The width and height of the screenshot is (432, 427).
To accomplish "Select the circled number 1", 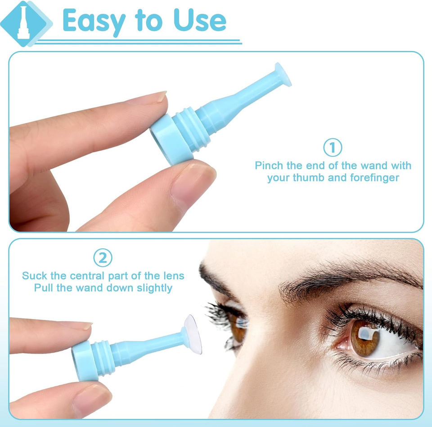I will tap(333, 148).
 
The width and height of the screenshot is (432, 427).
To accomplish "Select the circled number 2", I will tap(103, 258).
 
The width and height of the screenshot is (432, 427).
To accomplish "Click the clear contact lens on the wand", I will tap(192, 333).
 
